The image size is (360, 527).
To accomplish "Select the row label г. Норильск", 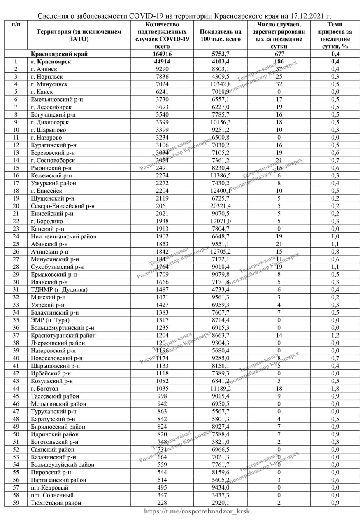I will pyautogui.click(x=47, y=77).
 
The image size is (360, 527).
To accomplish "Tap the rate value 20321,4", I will pyautogui.click(x=220, y=206).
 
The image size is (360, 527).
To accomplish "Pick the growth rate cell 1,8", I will pyautogui.click(x=335, y=388).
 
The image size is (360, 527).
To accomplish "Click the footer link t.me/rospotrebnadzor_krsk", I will pyautogui.click(x=197, y=511).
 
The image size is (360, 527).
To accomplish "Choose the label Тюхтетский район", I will pyautogui.click(x=56, y=502).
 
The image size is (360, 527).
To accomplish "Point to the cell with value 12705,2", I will pyautogui.click(x=220, y=252).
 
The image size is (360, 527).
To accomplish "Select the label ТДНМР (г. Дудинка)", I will pyautogui.click(x=59, y=289).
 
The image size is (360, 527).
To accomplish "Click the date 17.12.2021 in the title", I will pyautogui.click(x=303, y=16).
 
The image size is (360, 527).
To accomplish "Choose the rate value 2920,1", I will pyautogui.click(x=220, y=502).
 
